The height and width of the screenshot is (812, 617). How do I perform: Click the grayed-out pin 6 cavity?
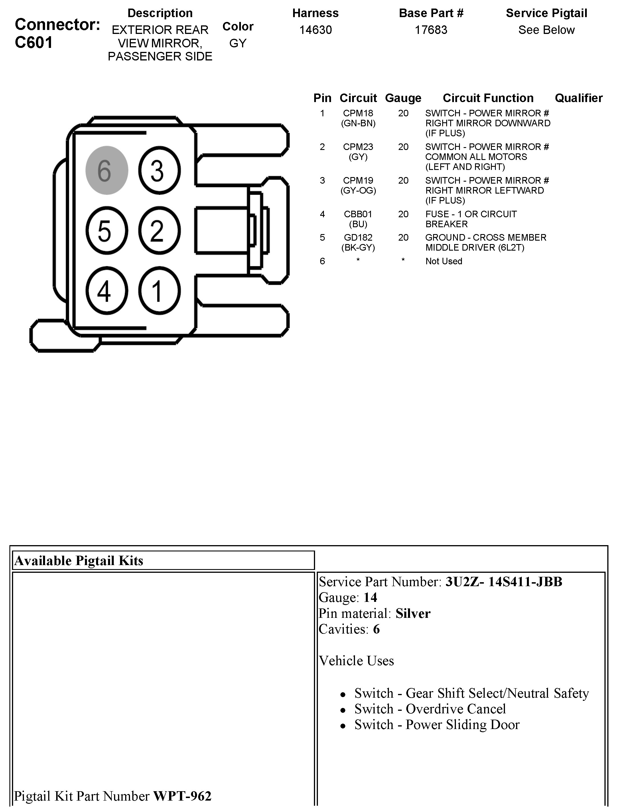click(107, 170)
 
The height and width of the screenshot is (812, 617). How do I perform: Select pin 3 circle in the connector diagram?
click(159, 170)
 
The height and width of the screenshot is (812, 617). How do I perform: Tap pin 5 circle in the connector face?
click(107, 231)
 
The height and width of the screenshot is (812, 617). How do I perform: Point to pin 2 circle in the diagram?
click(159, 231)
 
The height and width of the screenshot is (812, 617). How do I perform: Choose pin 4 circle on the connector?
click(107, 291)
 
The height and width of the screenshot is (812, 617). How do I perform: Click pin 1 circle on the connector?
click(159, 291)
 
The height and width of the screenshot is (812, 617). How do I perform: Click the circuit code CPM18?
click(358, 113)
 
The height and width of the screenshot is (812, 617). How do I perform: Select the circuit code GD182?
click(358, 237)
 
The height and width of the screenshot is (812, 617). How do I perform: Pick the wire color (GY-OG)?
click(358, 191)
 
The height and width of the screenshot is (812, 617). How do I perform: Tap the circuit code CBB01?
click(358, 214)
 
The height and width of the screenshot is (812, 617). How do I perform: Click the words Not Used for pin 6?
click(444, 261)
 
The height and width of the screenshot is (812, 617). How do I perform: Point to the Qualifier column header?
click(579, 98)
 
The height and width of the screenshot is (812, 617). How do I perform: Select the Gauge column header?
click(403, 98)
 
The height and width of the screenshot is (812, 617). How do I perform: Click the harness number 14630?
click(315, 30)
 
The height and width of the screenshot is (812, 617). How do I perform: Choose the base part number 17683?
click(431, 30)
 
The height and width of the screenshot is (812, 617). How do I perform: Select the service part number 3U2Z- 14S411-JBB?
click(504, 582)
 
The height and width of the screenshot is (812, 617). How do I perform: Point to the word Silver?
click(413, 613)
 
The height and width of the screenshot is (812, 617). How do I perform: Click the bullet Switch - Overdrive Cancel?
click(430, 709)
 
